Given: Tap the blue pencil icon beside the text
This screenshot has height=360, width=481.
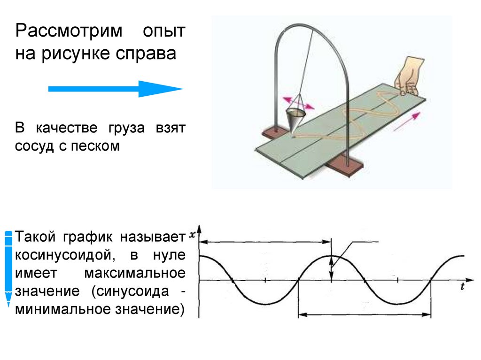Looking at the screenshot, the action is point(8,268).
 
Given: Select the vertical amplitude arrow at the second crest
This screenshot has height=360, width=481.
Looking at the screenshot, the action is point(332,268).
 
